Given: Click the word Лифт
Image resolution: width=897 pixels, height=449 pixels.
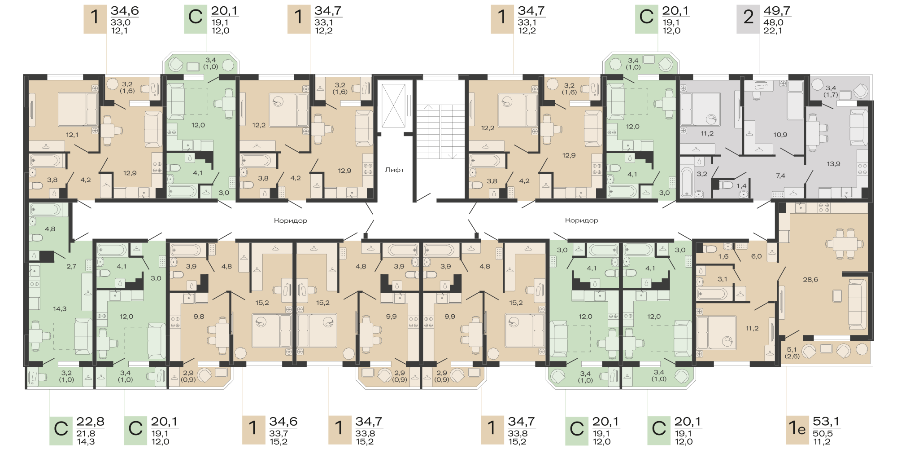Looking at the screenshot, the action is (x=395, y=170).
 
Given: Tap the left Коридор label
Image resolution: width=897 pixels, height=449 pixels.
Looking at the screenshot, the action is (x=291, y=220).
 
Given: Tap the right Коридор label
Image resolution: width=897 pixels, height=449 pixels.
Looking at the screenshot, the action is (x=582, y=220).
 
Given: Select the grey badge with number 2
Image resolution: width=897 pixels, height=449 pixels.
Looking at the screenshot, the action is (x=748, y=19).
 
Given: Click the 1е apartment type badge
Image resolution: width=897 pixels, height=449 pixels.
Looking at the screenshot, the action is (x=797, y=430).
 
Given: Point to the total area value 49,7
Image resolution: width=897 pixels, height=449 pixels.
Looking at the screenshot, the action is (x=777, y=11).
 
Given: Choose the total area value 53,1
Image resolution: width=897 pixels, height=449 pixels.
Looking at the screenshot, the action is (x=826, y=422).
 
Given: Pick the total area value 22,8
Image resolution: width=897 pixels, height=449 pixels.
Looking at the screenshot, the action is (x=90, y=422).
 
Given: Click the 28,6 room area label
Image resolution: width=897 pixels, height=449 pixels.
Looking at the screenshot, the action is (x=810, y=280).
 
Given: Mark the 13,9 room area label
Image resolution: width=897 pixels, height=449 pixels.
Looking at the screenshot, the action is (x=834, y=164).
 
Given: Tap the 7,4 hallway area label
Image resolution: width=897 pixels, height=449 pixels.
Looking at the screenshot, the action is (x=780, y=176).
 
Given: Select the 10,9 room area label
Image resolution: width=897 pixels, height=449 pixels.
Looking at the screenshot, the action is (x=780, y=135).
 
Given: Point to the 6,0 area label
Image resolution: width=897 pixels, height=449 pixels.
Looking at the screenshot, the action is (x=757, y=256).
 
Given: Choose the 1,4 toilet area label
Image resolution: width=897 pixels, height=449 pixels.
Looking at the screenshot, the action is (x=741, y=186).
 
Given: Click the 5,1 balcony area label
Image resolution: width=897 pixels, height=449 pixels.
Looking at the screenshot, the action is (x=792, y=349).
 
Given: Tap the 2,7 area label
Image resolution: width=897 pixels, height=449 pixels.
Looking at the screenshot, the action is (x=71, y=266).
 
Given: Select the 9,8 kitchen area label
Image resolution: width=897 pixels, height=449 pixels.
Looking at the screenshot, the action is (x=199, y=317).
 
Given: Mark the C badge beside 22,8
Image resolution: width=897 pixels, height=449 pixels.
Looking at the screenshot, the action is (x=61, y=430).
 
